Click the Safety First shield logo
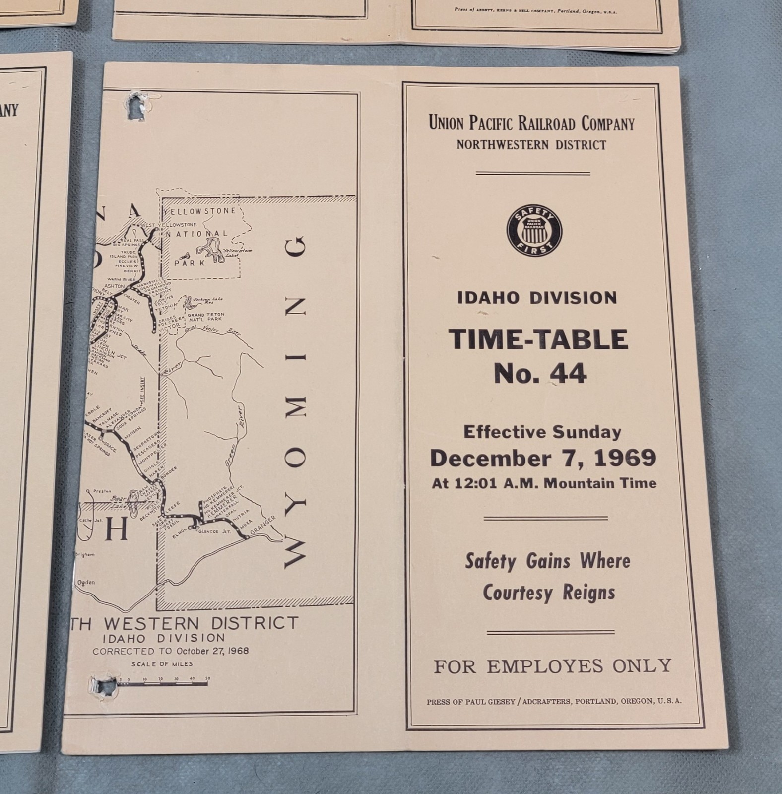pos(534,231)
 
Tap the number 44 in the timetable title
pos(570,374)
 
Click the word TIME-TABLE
pos(538,340)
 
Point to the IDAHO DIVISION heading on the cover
pos(537,298)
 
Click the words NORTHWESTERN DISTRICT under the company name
pos(531,145)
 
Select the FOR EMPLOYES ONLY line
pos(552,666)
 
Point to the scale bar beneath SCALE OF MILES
pos(164,684)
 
